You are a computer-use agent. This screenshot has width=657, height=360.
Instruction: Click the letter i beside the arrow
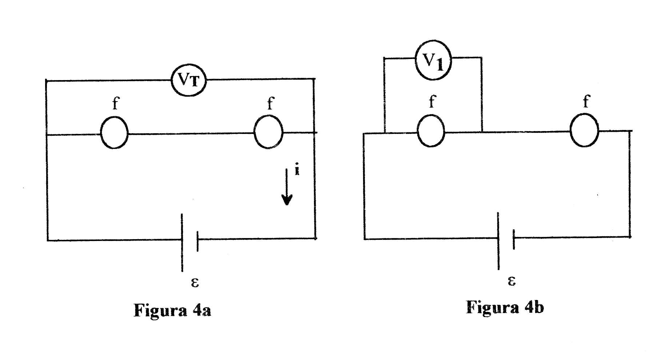[297, 170]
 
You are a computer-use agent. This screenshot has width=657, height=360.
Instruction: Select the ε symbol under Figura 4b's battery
[511, 281]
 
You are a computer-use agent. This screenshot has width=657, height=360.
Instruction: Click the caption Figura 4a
[172, 310]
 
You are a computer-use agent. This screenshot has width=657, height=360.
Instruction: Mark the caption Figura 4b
[505, 307]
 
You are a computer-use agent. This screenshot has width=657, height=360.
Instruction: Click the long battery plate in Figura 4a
[182, 242]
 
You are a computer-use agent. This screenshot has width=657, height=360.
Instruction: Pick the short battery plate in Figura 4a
[198, 241]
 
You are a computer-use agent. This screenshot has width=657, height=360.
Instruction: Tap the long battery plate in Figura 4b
[498, 241]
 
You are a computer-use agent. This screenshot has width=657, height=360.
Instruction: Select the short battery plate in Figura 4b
[514, 239]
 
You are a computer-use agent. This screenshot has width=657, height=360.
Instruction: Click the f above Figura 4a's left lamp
[115, 103]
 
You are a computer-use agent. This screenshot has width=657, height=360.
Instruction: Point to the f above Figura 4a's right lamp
[270, 103]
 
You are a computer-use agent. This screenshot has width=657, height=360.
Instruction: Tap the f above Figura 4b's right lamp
[586, 101]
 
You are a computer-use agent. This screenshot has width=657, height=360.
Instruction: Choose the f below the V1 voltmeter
[432, 101]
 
